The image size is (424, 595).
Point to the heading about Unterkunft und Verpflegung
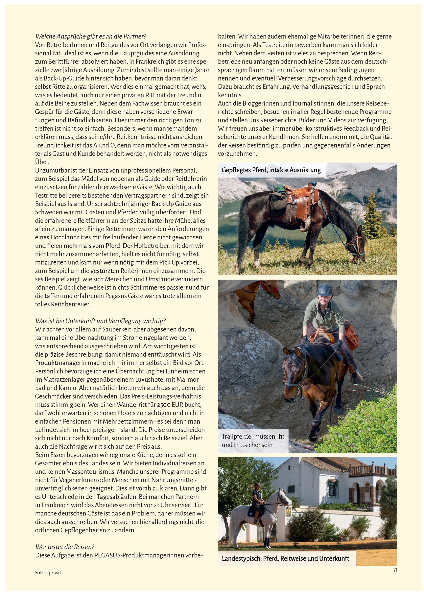pyautogui.click(x=101, y=321)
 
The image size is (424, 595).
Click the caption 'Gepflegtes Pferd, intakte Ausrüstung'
pyautogui.click(x=271, y=170)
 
